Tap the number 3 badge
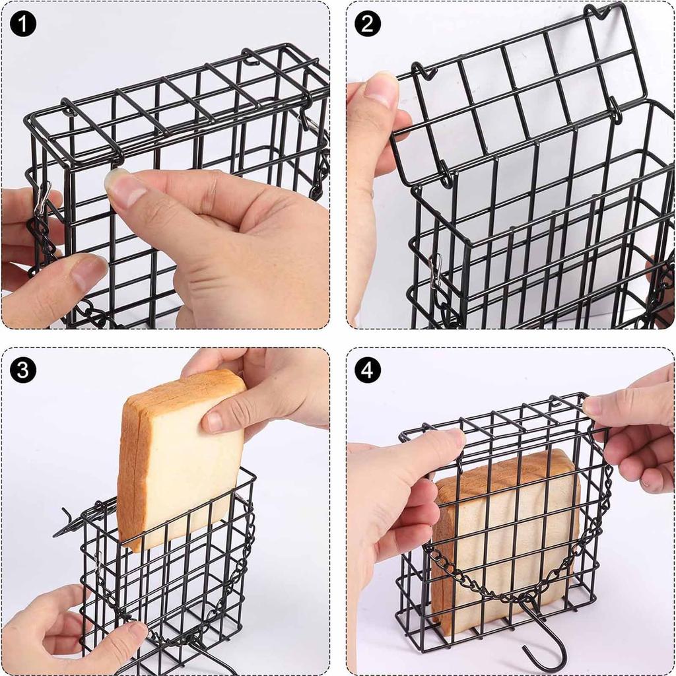pyautogui.click(x=22, y=370)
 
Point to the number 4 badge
pyautogui.click(x=368, y=370)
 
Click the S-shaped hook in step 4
pyautogui.click(x=545, y=634)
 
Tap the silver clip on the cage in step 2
pyautogui.click(x=434, y=271)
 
